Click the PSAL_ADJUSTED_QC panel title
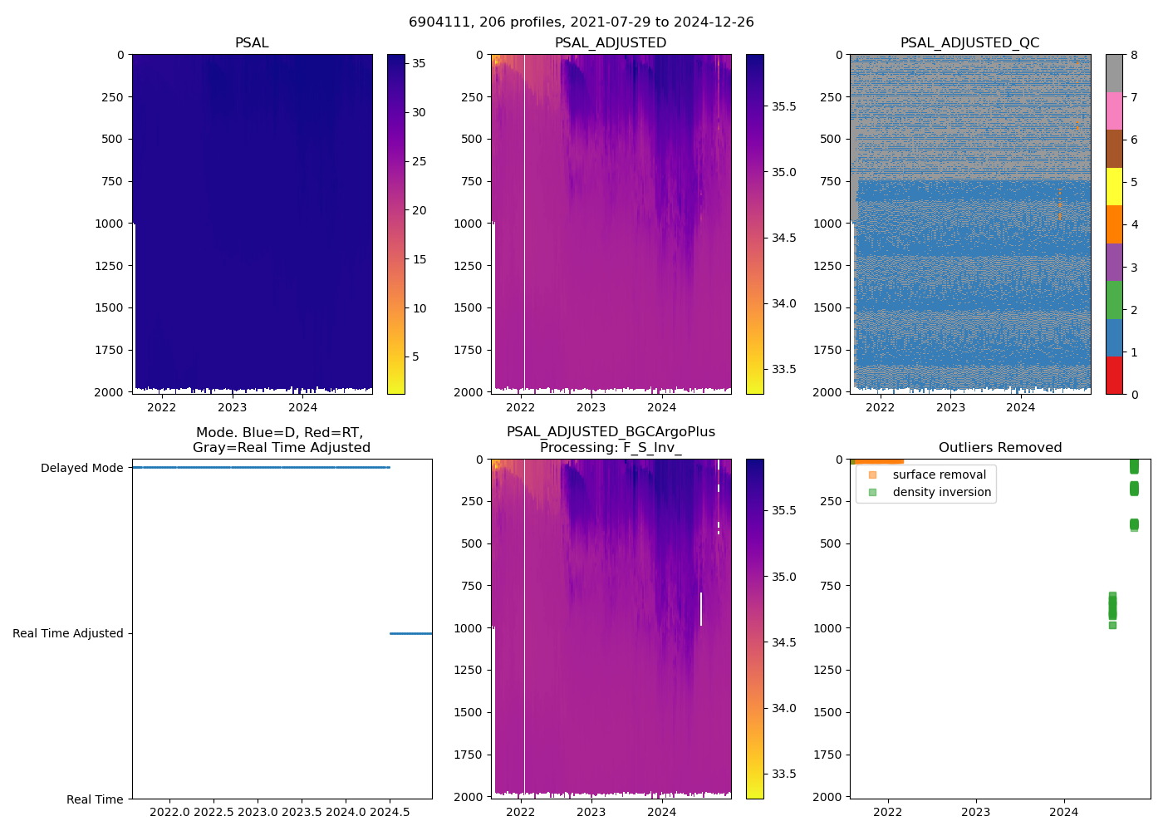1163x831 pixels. click(969, 43)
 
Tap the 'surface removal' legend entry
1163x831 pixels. click(939, 475)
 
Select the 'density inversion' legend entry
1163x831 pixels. click(941, 492)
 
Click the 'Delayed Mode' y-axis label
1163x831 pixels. click(81, 468)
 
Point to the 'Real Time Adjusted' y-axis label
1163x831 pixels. click(67, 633)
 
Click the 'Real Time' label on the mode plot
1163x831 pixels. click(95, 799)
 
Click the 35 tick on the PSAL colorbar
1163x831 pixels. click(419, 63)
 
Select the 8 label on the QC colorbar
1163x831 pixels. click(1134, 55)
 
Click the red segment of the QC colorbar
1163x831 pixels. click(1114, 375)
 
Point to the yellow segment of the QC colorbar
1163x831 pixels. click(1114, 186)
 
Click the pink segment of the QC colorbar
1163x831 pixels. click(1114, 111)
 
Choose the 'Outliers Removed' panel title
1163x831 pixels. click(1000, 448)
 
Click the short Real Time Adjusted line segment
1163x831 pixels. click(410, 633)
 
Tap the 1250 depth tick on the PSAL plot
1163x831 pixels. click(111, 266)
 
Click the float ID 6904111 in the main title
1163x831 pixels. click(435, 22)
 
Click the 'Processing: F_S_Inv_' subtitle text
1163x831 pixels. click(611, 448)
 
